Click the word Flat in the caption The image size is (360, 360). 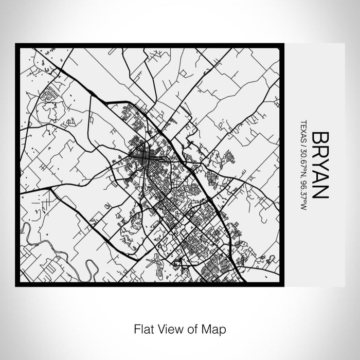pyautogui.click(x=142, y=328)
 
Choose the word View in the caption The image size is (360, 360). pyautogui.click(x=167, y=328)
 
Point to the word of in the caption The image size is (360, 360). pyautogui.click(x=190, y=328)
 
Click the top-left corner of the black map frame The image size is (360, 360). pyautogui.click(x=16, y=45)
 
